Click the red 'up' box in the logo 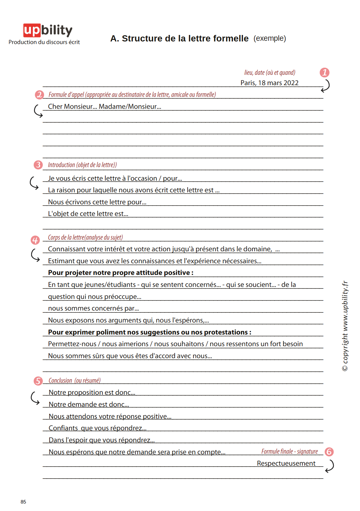(32, 30)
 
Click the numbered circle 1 (324, 73)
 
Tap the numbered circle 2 (40, 95)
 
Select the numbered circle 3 (38, 165)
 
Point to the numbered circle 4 (35, 240)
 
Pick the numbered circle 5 (38, 381)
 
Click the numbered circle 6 (329, 452)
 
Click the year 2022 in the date (291, 83)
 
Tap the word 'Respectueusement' (286, 463)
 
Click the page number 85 (23, 502)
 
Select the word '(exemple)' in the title (270, 39)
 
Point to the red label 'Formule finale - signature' (289, 451)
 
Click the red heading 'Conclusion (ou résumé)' (75, 380)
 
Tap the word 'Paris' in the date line (248, 83)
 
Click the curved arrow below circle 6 (330, 466)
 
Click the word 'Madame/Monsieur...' (130, 107)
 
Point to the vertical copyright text (345, 325)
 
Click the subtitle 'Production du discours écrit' (44, 42)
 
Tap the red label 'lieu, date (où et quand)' (270, 73)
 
